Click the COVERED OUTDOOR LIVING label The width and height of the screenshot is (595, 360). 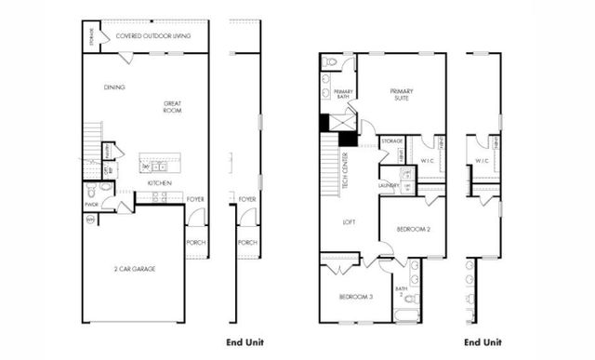153,35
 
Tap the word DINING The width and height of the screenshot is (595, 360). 115,87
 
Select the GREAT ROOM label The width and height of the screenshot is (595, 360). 172,107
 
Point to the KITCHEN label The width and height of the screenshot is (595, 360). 159,183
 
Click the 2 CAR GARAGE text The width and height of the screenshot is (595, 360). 136,269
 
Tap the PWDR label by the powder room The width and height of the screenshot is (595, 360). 91,205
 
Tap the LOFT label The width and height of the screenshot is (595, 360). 349,221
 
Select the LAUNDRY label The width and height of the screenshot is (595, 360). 389,185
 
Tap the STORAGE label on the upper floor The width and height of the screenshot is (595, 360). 391,141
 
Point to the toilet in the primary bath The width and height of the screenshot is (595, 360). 331,62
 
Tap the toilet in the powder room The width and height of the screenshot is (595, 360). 105,187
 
